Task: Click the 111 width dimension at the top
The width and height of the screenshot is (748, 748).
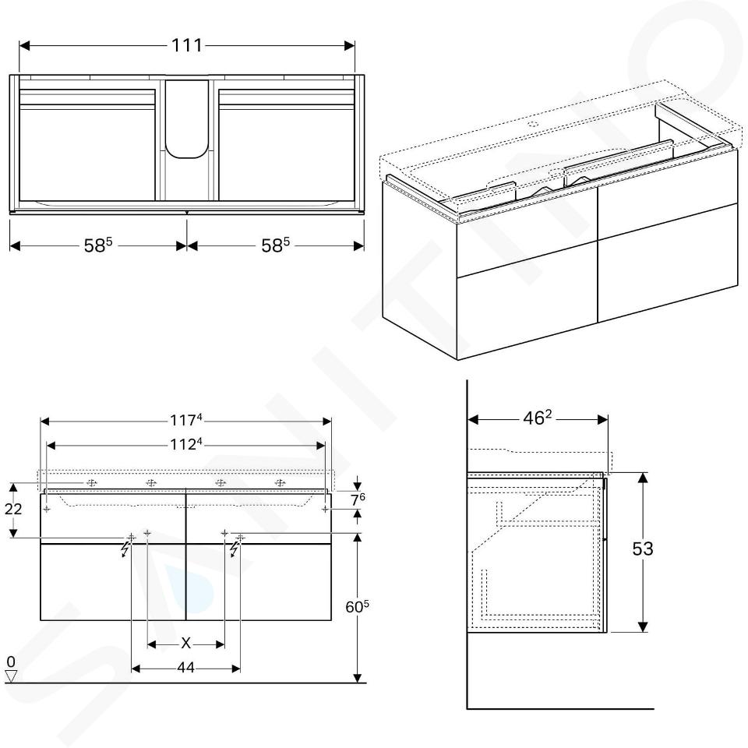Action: click(187, 45)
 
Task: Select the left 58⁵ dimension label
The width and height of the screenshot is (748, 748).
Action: click(98, 245)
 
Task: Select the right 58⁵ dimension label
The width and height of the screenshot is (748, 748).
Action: click(275, 245)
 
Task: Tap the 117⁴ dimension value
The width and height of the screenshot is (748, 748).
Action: click(186, 420)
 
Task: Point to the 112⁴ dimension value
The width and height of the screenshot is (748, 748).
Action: click(186, 445)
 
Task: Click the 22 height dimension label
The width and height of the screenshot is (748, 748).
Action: click(13, 509)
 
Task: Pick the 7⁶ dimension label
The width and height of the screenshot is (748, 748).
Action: click(358, 500)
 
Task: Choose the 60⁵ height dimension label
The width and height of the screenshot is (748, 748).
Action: click(358, 607)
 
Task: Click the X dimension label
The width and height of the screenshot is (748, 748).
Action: click(186, 644)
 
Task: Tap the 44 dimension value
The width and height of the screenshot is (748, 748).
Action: click(185, 668)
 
